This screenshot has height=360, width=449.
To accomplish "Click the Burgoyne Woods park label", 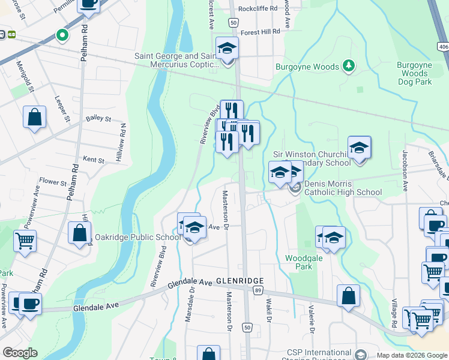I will click(307, 67).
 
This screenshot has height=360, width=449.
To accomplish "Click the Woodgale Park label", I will click(300, 262).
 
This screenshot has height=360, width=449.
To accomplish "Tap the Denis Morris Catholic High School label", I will click(343, 188).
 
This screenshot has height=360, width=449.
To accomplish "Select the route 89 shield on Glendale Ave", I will click(257, 290).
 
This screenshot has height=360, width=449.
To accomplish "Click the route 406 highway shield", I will click(443, 46).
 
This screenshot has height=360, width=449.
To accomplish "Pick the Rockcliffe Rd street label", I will click(258, 8).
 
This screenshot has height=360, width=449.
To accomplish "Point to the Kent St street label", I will click(94, 160).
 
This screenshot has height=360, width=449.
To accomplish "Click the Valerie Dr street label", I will click(312, 319).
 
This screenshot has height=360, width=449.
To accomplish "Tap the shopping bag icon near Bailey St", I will click(35, 118).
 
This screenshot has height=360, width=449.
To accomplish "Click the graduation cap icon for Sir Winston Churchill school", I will click(359, 148).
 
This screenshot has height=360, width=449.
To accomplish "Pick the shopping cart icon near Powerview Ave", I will click(25, 241).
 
